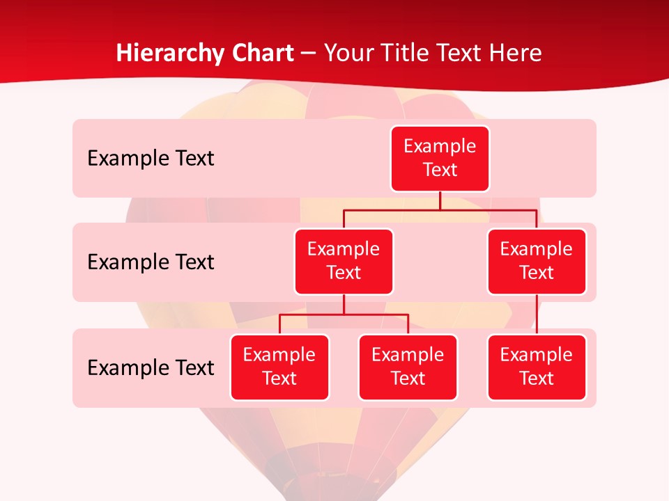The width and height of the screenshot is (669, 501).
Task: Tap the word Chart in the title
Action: click(261, 54)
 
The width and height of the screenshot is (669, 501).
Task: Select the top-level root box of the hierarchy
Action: click(440, 159)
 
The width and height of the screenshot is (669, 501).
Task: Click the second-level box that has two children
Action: click(344, 262)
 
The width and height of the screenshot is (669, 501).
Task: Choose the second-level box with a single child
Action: click(537, 262)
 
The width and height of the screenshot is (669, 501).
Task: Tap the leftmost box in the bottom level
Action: click(279, 367)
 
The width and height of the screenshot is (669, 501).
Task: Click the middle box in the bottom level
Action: click(408, 367)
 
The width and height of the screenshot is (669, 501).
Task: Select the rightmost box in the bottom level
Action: click(537, 367)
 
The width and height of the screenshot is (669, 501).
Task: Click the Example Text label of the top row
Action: click(151, 159)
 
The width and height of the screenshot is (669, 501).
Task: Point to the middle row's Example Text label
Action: click(151, 262)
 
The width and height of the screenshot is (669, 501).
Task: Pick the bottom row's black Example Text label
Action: click(151, 368)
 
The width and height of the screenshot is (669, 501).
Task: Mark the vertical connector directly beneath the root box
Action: click(440, 200)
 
